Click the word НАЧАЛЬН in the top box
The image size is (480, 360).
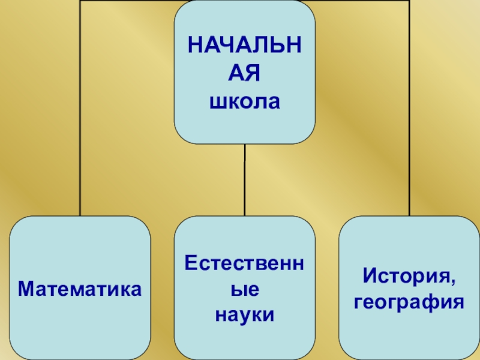pyautogui.click(x=244, y=47)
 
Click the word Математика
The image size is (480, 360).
pyautogui.click(x=80, y=289)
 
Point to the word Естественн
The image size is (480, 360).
pyautogui.click(x=244, y=262)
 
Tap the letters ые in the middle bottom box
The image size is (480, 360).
pyautogui.click(x=244, y=289)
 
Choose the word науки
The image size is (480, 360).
pyautogui.click(x=244, y=314)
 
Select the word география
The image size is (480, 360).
pyautogui.click(x=409, y=302)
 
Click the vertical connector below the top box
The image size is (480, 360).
pyautogui.click(x=244, y=180)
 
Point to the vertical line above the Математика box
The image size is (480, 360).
pyautogui.click(x=80, y=120)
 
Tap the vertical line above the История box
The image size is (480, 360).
pyautogui.click(x=409, y=120)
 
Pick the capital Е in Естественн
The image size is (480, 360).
pyautogui.click(x=191, y=262)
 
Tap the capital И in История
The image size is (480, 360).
pyautogui.click(x=368, y=276)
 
